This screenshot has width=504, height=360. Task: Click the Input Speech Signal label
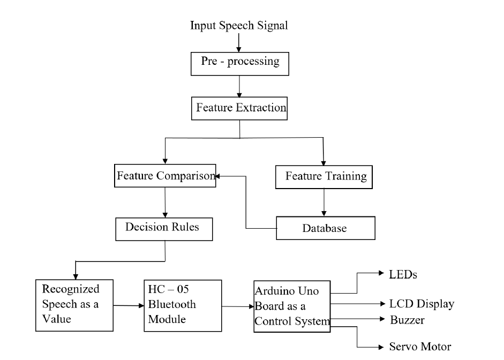pyautogui.click(x=239, y=25)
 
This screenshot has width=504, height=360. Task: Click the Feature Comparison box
pyautogui.click(x=166, y=176)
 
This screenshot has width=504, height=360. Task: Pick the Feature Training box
pyautogui.click(x=323, y=177)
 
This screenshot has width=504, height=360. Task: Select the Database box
pyautogui.click(x=325, y=228)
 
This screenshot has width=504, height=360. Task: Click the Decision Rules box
pyautogui.click(x=164, y=228)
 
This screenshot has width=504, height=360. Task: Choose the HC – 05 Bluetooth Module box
pyautogui.click(x=183, y=305)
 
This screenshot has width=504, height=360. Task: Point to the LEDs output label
pyautogui.click(x=403, y=275)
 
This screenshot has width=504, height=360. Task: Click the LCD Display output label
pyautogui.click(x=422, y=304)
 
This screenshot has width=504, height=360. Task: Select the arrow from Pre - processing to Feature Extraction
pyautogui.click(x=240, y=86)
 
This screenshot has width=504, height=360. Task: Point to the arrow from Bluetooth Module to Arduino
pyautogui.click(x=237, y=306)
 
